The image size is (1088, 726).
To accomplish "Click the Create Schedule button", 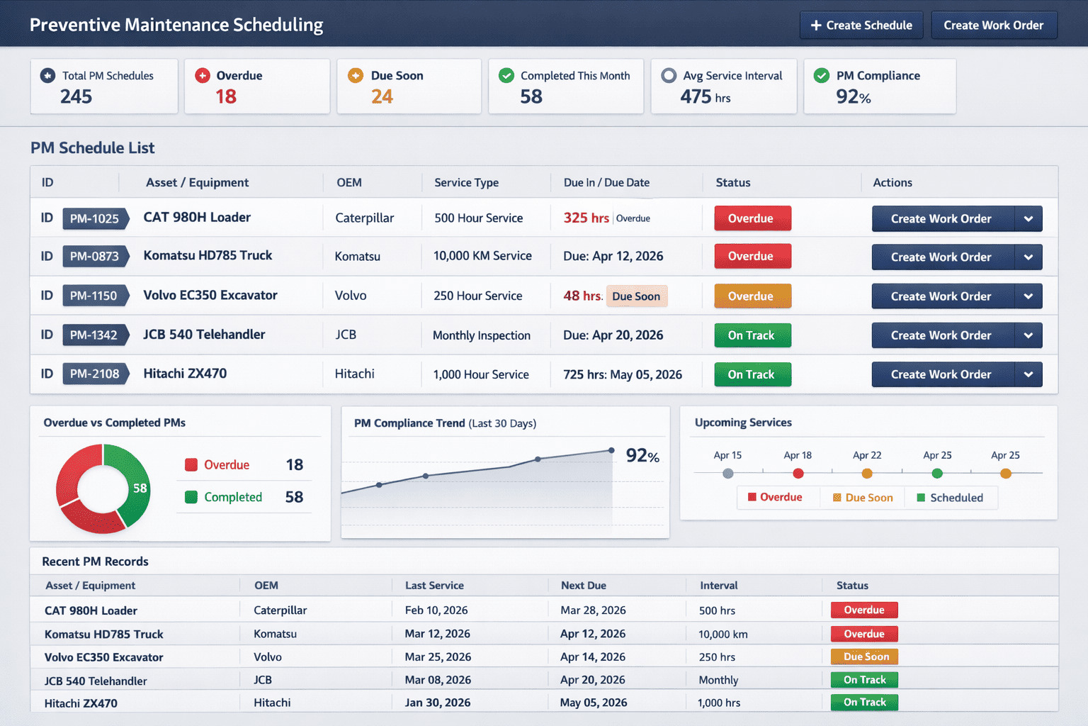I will pos(861,26).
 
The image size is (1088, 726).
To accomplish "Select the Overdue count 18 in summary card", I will pos(226,96).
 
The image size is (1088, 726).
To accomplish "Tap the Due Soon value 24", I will pos(382,96).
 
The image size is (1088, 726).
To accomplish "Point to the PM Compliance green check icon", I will pos(821,76).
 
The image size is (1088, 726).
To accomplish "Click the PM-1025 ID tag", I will pos(95,218).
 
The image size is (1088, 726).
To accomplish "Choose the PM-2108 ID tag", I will pos(95,374).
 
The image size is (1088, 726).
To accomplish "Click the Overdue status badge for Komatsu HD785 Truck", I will pos(752,257).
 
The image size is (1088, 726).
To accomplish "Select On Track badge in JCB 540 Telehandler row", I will pos(752,335).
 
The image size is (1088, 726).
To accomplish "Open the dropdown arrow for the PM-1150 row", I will pos(1028,296).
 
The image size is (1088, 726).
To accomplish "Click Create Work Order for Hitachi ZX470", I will pos(941,374).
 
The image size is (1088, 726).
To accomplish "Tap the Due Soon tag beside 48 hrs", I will pos(636,296).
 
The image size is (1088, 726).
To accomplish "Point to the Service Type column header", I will pos(466,183).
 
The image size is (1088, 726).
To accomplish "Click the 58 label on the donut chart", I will pos(140,488).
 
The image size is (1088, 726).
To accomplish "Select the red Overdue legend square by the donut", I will pos(191,465).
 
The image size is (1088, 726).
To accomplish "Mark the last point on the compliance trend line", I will pos(611,450).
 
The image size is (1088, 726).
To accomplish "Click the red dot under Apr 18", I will pos(798,474).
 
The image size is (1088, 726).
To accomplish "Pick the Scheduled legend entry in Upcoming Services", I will pos(950,498).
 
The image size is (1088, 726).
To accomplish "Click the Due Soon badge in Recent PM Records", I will pos(864,657).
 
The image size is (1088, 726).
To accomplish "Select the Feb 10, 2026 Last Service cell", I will pos(436,610).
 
